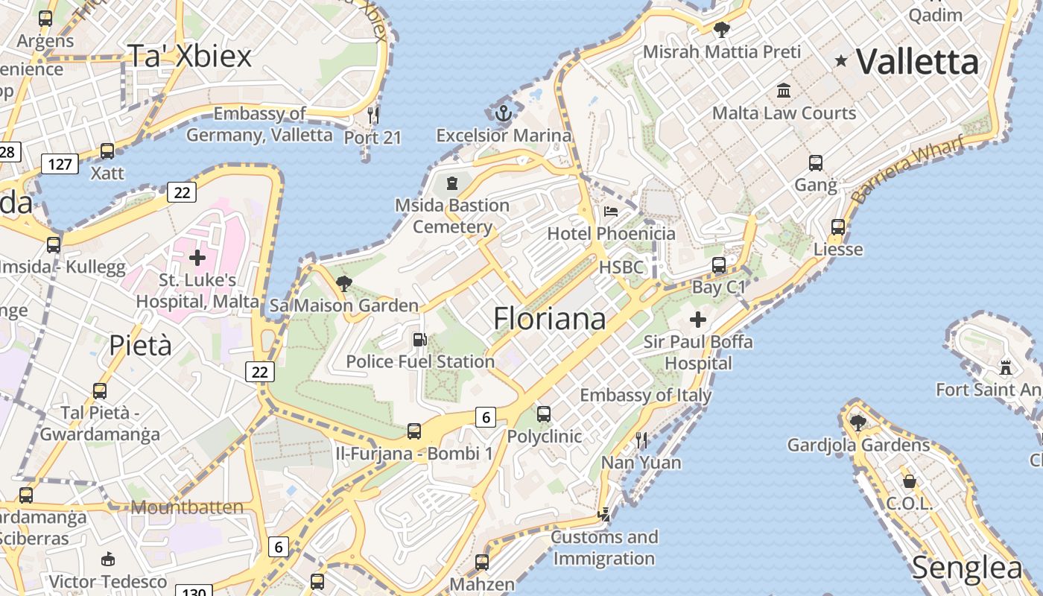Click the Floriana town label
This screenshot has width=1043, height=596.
pyautogui.click(x=549, y=319)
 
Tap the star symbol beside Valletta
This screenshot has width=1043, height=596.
pyautogui.click(x=842, y=61)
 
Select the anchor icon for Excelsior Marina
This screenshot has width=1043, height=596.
pyautogui.click(x=504, y=114)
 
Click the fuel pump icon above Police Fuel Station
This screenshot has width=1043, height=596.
pyautogui.click(x=420, y=340)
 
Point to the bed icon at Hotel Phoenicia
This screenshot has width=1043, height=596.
pyautogui.click(x=611, y=212)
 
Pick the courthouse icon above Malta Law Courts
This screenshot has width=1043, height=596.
pyautogui.click(x=784, y=91)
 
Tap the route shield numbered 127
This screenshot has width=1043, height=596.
pyautogui.click(x=60, y=163)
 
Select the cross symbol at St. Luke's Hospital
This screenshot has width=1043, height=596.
pyautogui.click(x=197, y=258)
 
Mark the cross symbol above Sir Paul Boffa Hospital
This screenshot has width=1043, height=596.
pyautogui.click(x=698, y=320)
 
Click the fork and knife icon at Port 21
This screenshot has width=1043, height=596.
pyautogui.click(x=373, y=115)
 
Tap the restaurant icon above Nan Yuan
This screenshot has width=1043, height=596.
pyautogui.click(x=641, y=440)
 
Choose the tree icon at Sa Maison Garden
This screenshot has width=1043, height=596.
pyautogui.click(x=344, y=283)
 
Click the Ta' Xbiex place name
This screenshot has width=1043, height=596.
pyautogui.click(x=190, y=56)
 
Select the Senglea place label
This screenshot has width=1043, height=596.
pyautogui.click(x=967, y=568)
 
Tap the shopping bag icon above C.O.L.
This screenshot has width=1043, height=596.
pyautogui.click(x=909, y=481)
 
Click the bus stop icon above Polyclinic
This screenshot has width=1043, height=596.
pyautogui.click(x=544, y=414)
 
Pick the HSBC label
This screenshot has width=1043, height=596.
pyautogui.click(x=621, y=267)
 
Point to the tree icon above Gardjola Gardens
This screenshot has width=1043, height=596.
pyautogui.click(x=858, y=422)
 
